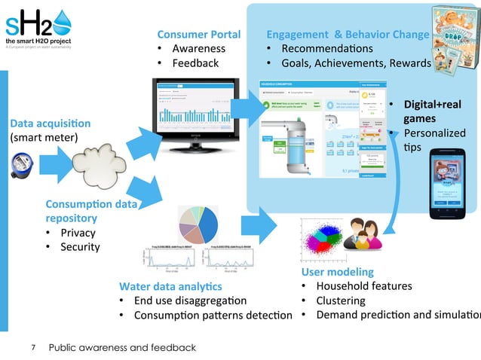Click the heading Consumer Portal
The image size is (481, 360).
pos(198,34)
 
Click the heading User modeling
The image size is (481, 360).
pos(337,271)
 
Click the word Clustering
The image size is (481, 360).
pos(340,300)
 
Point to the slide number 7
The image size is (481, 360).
pos(33,347)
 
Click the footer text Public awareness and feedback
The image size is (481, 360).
pos(122,347)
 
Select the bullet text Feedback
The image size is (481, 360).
pos(195,63)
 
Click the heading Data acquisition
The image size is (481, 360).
pos(50,123)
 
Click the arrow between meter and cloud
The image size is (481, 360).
pos(54,163)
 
